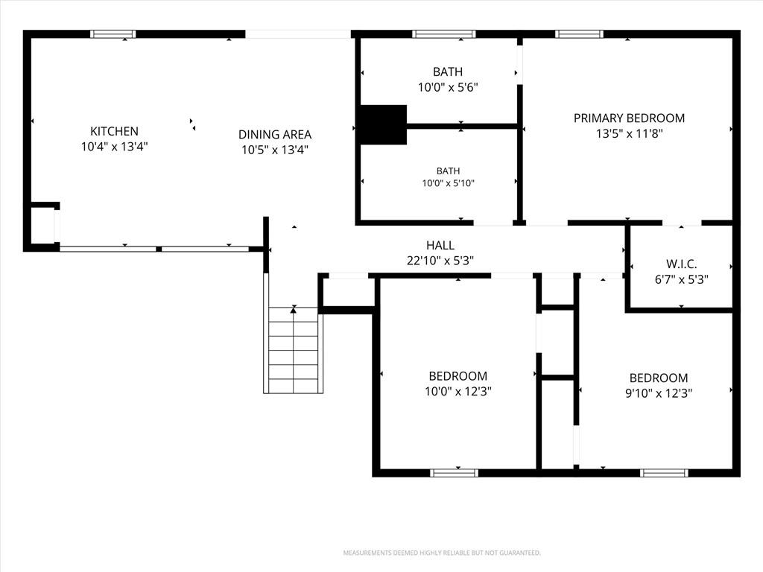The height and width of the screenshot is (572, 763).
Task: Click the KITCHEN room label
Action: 114,131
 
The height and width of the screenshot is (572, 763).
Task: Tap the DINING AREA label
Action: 275,134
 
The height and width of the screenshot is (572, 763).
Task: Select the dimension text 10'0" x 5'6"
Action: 448,88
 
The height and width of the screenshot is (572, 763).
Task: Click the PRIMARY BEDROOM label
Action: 629,118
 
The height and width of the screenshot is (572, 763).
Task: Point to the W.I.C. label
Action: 681,264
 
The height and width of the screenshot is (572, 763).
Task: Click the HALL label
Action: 440,245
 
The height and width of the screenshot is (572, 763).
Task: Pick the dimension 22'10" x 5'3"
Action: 440,261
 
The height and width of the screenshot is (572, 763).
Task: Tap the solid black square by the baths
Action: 383,124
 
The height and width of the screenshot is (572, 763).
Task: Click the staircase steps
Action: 294,350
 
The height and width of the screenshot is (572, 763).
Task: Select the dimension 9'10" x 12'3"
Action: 659,393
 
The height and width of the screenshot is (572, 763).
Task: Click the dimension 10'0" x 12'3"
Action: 458,391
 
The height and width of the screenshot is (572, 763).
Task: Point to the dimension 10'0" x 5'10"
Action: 448,183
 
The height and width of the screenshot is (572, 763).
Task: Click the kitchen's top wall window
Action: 113,34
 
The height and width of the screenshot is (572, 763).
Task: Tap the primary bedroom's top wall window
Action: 579,34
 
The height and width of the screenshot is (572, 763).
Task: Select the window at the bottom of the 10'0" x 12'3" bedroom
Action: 455,473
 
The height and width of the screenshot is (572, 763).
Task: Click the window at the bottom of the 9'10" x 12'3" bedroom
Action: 664,473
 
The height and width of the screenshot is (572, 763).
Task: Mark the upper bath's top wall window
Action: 444,34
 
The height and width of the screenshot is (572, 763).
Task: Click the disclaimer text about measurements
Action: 442,553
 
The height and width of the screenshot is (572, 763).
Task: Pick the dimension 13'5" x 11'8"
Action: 629,133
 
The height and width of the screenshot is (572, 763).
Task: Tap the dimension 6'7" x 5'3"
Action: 681,280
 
